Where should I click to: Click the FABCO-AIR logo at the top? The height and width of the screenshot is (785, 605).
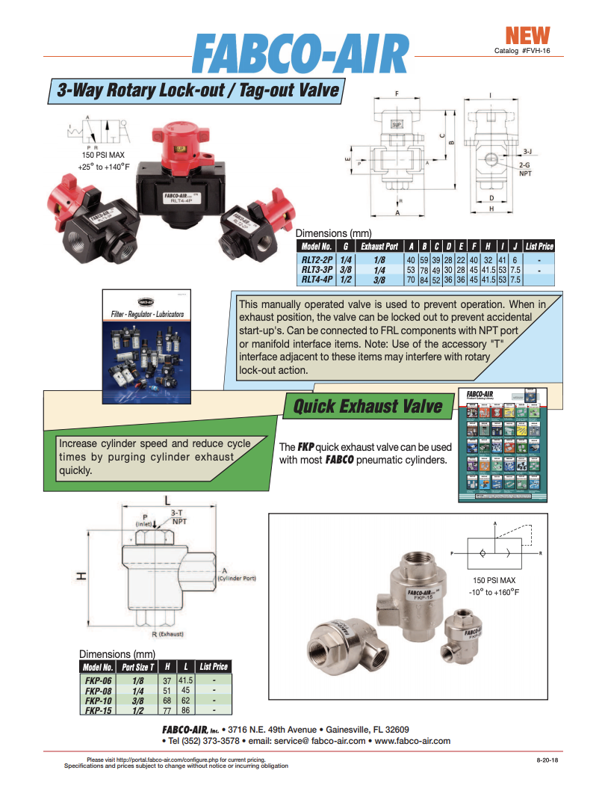point(302,54)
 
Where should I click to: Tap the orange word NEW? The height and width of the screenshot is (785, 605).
point(527,35)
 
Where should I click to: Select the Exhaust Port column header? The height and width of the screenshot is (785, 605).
point(379,246)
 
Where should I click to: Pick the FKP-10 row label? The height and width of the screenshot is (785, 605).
point(99,701)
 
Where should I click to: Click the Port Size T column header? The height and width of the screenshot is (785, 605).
point(138,667)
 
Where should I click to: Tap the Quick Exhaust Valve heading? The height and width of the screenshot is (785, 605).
point(367,407)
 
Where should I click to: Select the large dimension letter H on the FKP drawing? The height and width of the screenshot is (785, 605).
point(84,575)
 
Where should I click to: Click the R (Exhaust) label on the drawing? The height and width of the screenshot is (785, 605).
point(167,635)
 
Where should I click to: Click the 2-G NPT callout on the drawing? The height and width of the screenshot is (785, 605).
point(525,167)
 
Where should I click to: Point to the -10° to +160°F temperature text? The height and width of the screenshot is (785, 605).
point(495,591)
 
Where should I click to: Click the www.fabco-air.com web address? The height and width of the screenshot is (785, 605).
point(412,741)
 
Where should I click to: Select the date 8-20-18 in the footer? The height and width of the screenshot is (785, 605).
point(547,760)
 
